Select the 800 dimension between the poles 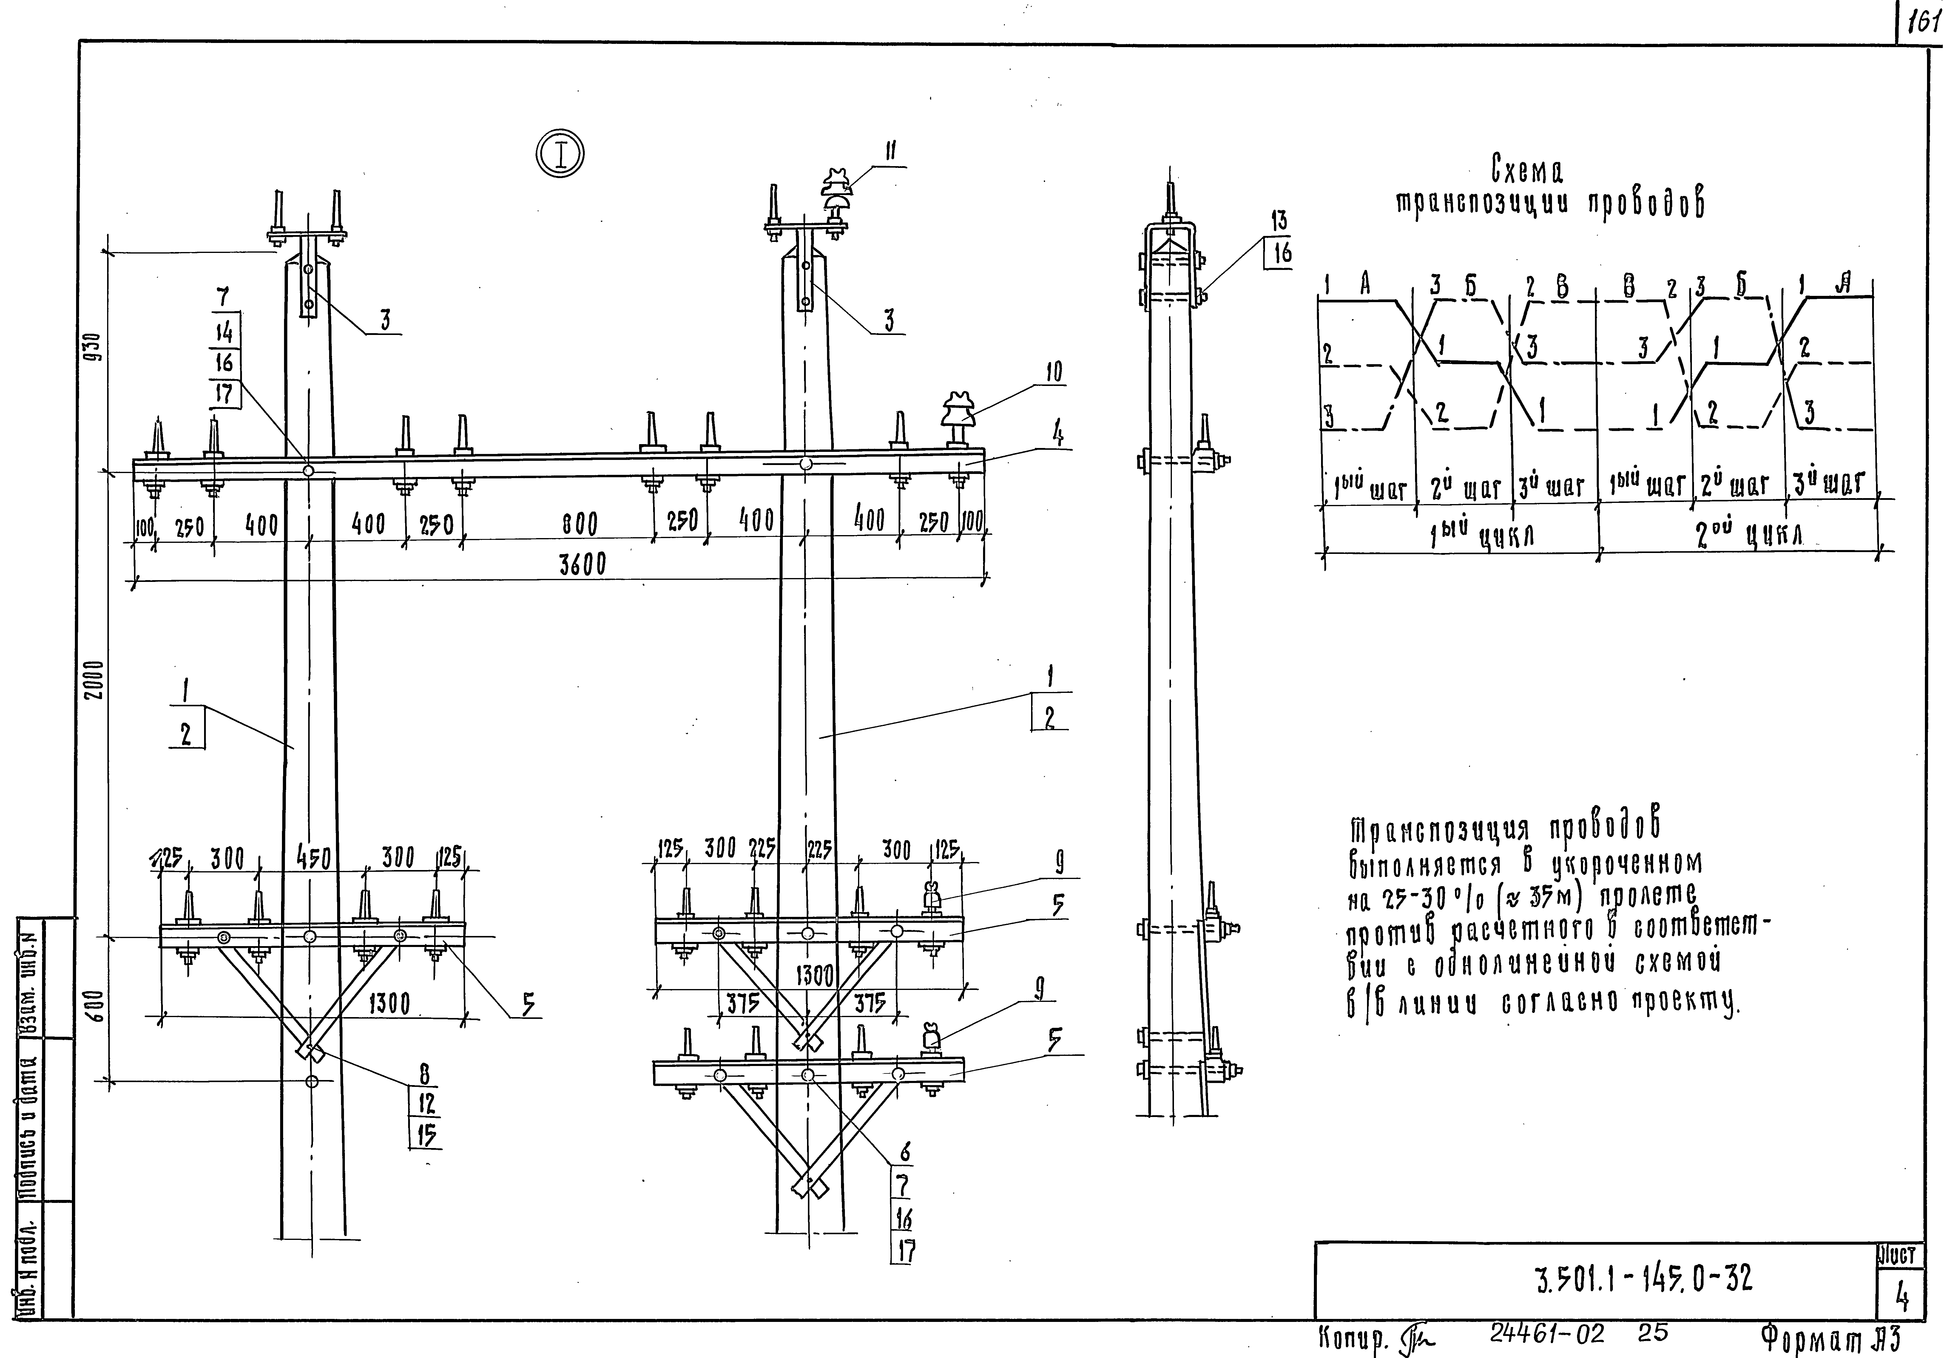click(x=580, y=525)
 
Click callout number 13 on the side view click(x=1278, y=222)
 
